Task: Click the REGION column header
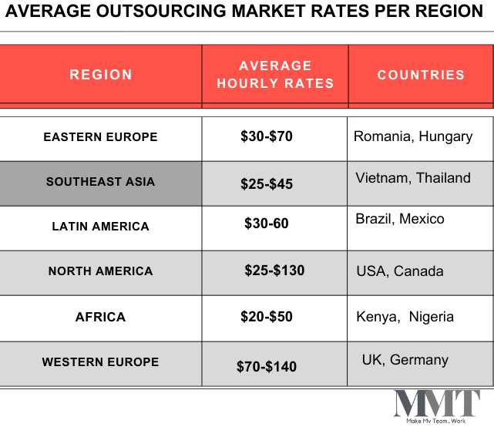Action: [x=100, y=75]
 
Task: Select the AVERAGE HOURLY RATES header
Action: [x=275, y=75]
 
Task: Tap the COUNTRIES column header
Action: [x=421, y=75]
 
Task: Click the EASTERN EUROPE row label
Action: [x=100, y=137]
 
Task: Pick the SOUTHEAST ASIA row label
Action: [x=100, y=182]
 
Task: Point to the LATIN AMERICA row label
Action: [x=100, y=227]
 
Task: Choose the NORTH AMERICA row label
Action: [x=100, y=271]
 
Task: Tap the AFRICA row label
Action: [x=100, y=317]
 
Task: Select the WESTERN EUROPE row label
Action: [x=100, y=362]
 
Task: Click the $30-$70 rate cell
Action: [x=267, y=136]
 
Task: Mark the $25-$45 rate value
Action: [x=267, y=183]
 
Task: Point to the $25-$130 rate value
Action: [x=274, y=271]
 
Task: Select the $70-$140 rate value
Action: [x=267, y=366]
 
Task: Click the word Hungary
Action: [x=445, y=137]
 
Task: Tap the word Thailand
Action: [x=443, y=178]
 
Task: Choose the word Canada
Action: [x=418, y=271]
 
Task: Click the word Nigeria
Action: [x=432, y=317]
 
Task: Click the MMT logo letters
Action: [x=437, y=403]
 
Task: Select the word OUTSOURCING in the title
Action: [x=161, y=11]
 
